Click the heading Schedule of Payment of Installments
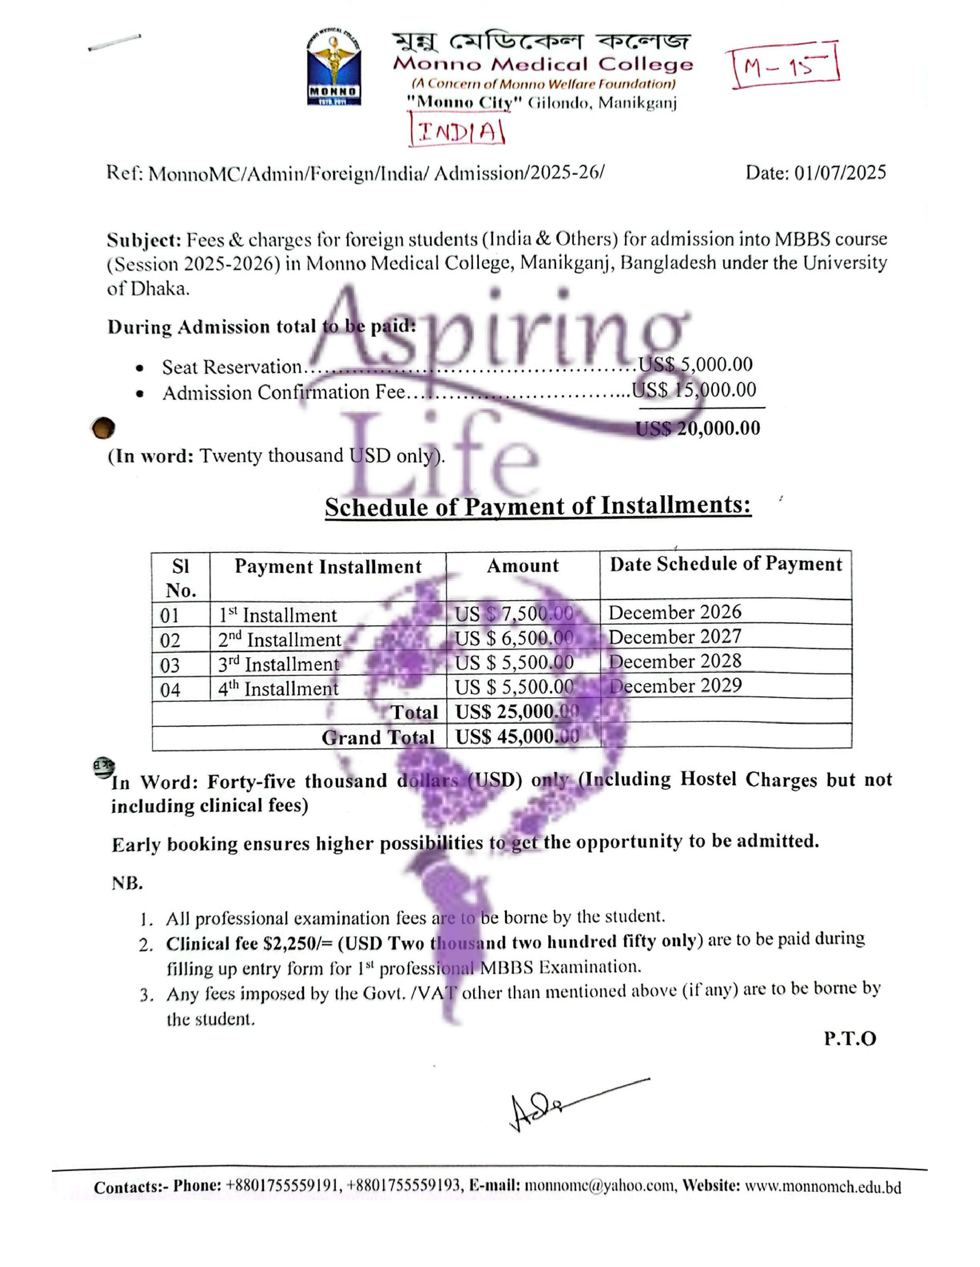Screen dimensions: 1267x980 [538, 506]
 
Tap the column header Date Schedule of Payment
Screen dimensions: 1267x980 [725, 564]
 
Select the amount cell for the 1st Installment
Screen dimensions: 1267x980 [514, 613]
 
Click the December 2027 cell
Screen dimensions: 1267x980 [674, 637]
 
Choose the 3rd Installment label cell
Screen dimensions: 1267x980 [279, 664]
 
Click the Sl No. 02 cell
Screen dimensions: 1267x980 [170, 640]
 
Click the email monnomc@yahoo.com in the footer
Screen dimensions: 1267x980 [600, 1187]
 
